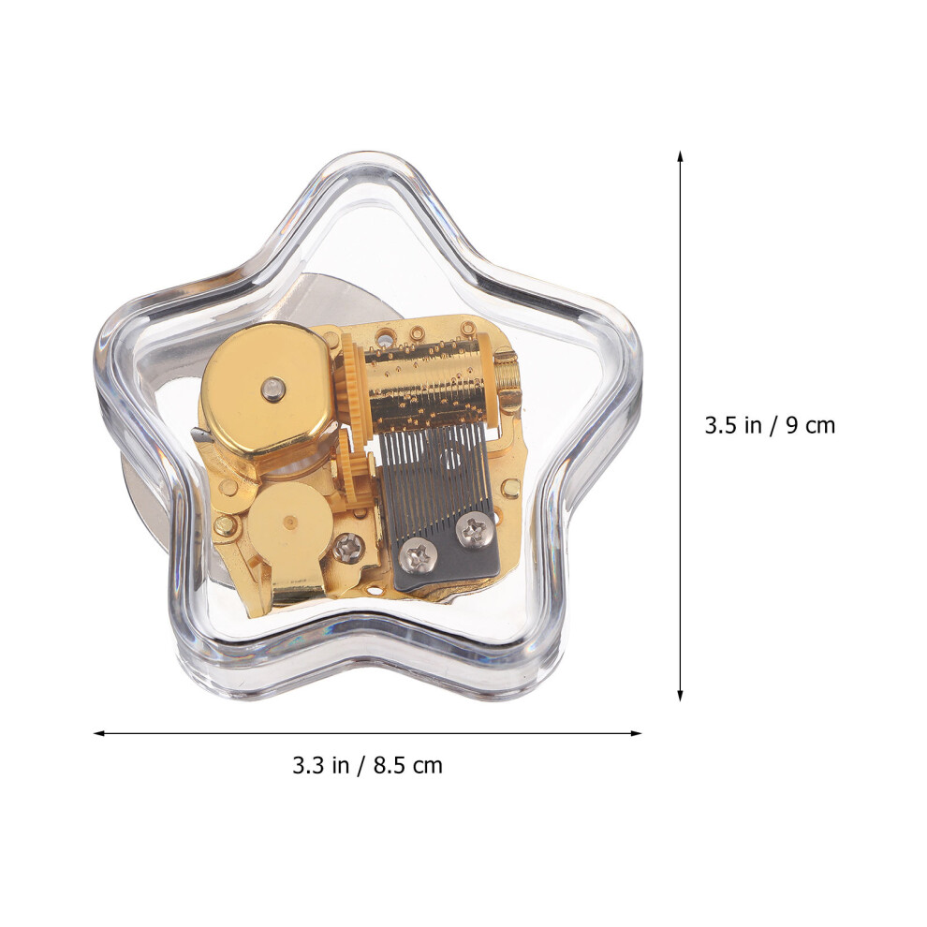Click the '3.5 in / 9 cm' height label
[770, 426]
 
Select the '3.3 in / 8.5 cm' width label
[367, 766]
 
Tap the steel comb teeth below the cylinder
[434, 473]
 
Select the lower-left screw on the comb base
[418, 555]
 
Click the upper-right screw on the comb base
[474, 530]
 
